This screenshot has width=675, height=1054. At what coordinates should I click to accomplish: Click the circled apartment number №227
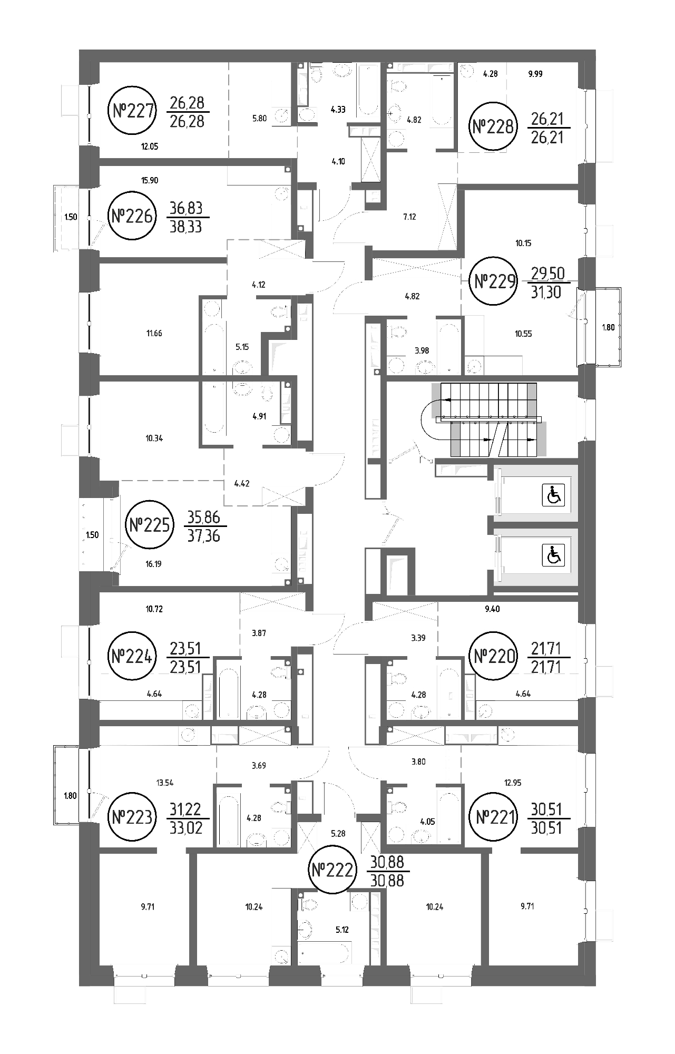133,111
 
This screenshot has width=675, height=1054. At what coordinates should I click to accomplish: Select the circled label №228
493,127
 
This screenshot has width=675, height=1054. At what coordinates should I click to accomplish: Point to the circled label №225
150,525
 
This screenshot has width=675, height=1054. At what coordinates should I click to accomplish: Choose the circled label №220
493,657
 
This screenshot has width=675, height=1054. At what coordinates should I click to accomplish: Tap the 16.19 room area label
153,564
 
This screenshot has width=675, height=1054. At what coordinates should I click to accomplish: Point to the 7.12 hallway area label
409,216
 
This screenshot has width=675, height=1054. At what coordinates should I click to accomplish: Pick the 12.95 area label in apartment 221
512,783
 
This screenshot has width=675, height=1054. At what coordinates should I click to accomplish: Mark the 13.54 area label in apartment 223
165,783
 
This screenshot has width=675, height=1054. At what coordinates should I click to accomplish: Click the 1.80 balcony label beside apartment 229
608,327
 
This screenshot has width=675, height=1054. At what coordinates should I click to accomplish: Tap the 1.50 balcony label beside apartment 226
71,217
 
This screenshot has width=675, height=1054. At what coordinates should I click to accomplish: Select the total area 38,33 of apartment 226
187,227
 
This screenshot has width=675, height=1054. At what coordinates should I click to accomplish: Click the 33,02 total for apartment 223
187,829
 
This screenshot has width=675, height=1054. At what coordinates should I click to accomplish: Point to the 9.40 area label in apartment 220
492,609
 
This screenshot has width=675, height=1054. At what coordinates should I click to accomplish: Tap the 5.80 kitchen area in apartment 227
259,119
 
